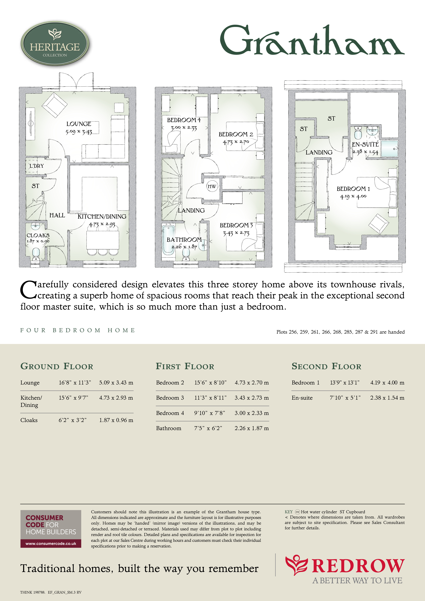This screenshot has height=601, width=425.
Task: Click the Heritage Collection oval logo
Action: tap(55, 43)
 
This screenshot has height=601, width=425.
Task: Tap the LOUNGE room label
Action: tap(79, 124)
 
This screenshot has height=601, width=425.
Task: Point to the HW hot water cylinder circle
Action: tap(212, 186)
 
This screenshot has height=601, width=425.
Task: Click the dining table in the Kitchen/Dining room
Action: tap(103, 240)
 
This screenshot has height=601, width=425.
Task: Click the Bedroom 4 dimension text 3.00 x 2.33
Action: tap(184, 128)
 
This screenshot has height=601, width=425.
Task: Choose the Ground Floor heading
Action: tap(57, 366)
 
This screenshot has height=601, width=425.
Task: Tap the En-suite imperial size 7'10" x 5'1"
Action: tap(345, 398)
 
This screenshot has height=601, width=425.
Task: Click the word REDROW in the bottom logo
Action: tap(358, 566)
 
